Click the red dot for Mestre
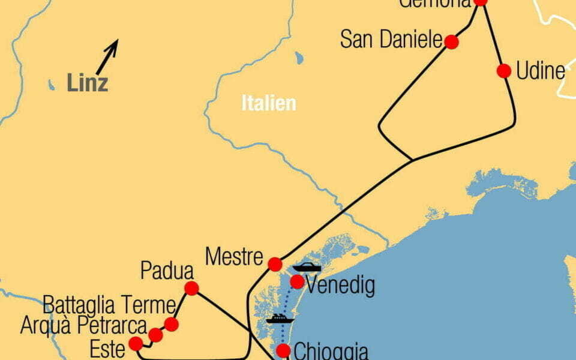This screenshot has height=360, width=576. point(275,264)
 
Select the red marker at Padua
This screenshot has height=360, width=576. point(191,288)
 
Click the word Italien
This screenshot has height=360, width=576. point(269,103)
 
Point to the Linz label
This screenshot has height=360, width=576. point(88,83)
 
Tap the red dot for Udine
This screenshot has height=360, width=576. point(504,71)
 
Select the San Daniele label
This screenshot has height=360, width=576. point(391,41)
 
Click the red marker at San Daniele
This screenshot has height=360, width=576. point(452,42)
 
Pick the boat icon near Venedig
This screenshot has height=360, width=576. point(306,268)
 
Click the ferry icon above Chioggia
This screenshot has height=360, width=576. point(279,319)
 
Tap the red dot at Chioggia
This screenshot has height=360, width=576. point(283,350)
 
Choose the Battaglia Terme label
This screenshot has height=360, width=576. point(109,305)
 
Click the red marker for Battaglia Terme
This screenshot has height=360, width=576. point(171,325)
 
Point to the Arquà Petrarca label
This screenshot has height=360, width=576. point(83,326)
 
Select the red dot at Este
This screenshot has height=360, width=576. point(136,344)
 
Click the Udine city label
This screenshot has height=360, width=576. point(541,71)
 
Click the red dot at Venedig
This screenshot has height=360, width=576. point(297,281)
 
